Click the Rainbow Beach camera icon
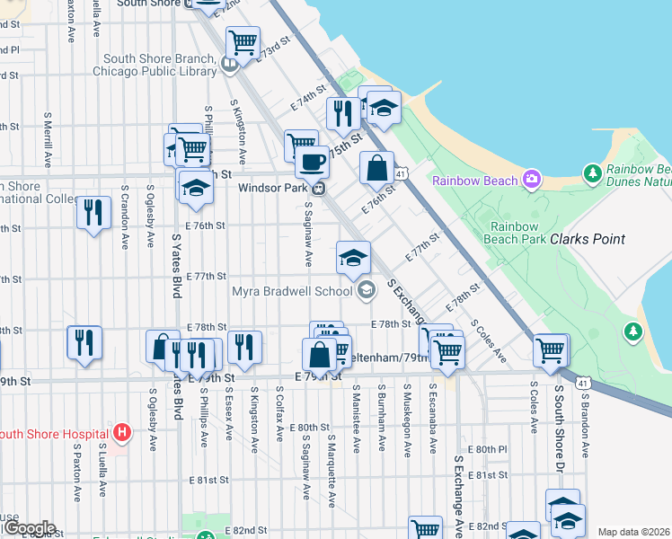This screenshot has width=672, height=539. pyautogui.click(x=532, y=180)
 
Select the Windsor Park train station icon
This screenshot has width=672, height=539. pyautogui.click(x=317, y=189)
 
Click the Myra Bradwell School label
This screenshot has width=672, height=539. pyautogui.click(x=293, y=291)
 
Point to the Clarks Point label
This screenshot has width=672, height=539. pyautogui.click(x=588, y=239)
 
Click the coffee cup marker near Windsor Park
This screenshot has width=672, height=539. pyautogui.click(x=312, y=162)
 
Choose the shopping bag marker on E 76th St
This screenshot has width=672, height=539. pyautogui.click(x=377, y=167)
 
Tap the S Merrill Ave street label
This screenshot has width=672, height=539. pyautogui.click(x=47, y=140)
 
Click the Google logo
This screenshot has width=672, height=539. pyautogui.click(x=29, y=528)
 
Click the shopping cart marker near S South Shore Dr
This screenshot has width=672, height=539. pyautogui.click(x=550, y=350)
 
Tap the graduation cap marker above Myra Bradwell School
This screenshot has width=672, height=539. pyautogui.click(x=353, y=257)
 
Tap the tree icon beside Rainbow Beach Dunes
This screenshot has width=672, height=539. pyautogui.click(x=591, y=172)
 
